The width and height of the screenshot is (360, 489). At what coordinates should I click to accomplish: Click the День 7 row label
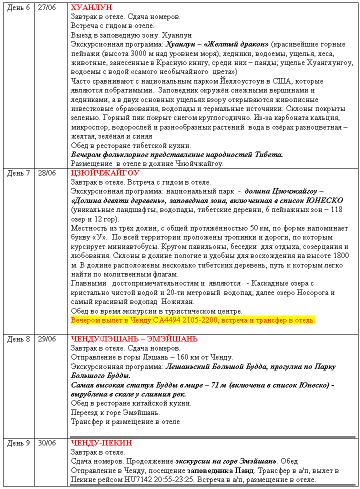(18, 173)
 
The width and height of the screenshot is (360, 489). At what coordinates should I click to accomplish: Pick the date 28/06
(46, 173)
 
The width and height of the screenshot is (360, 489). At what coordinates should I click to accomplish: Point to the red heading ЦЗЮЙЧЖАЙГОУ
(105, 173)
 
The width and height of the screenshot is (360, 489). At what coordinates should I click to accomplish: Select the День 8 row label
(18, 339)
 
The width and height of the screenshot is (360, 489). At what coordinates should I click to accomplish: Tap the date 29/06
(46, 339)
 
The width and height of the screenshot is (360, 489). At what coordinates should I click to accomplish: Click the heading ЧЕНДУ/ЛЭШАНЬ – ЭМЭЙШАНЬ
(134, 339)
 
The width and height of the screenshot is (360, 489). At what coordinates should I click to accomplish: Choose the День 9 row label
(18, 443)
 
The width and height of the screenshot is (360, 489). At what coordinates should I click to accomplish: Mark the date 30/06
(46, 443)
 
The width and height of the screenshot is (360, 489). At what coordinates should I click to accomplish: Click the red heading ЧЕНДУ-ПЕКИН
(101, 443)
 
